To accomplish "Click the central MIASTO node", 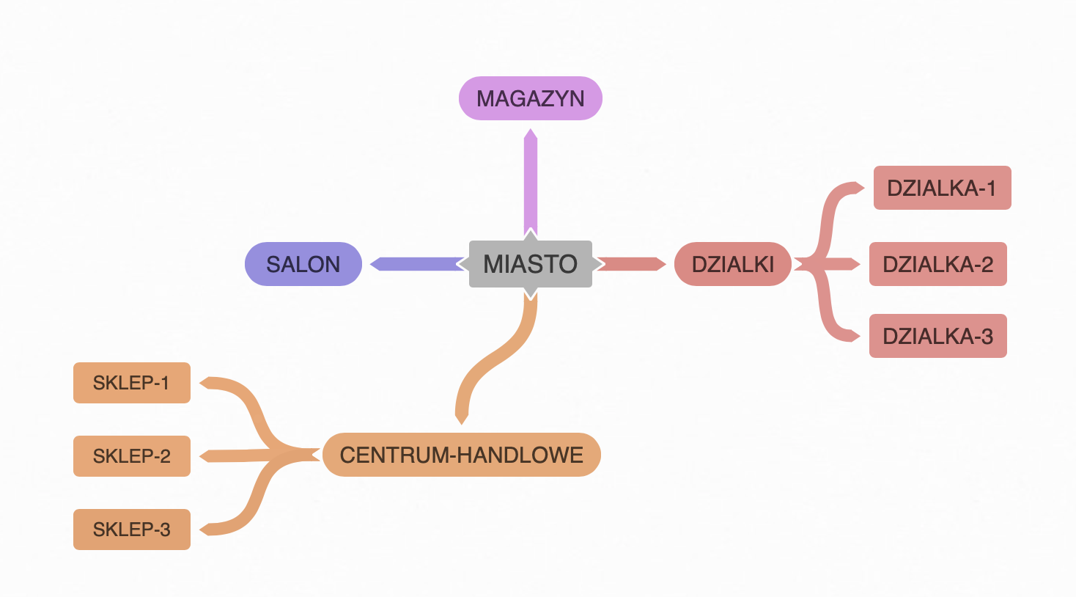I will coord(530,264).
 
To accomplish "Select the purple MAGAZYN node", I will coord(530,98).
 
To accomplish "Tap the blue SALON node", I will coord(303,264).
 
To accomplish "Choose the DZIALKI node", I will coord(732,264).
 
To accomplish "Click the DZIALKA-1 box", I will coord(942,188).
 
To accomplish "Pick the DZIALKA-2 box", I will coord(937,264).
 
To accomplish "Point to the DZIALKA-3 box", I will coord(937,336).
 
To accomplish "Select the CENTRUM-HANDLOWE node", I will coord(461,455).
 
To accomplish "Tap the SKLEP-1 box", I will coord(131,383).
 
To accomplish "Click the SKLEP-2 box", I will coord(131,456).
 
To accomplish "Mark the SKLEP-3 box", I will coord(131,530).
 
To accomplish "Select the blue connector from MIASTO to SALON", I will coord(418,264).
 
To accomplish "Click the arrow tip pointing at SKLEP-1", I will coord(206,382).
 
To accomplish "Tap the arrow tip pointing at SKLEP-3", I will coord(206,529).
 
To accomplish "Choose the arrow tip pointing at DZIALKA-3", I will coord(855,336).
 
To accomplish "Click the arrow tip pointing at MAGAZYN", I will coord(531,134).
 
